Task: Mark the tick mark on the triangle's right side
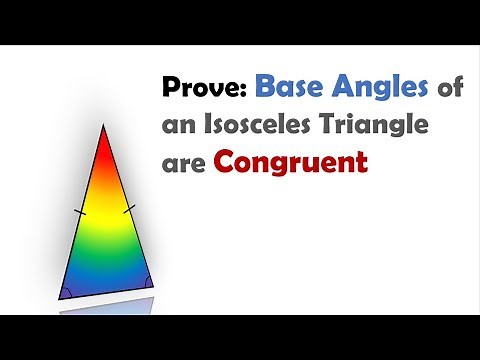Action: (x=128, y=210)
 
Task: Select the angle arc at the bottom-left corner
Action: (x=68, y=292)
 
